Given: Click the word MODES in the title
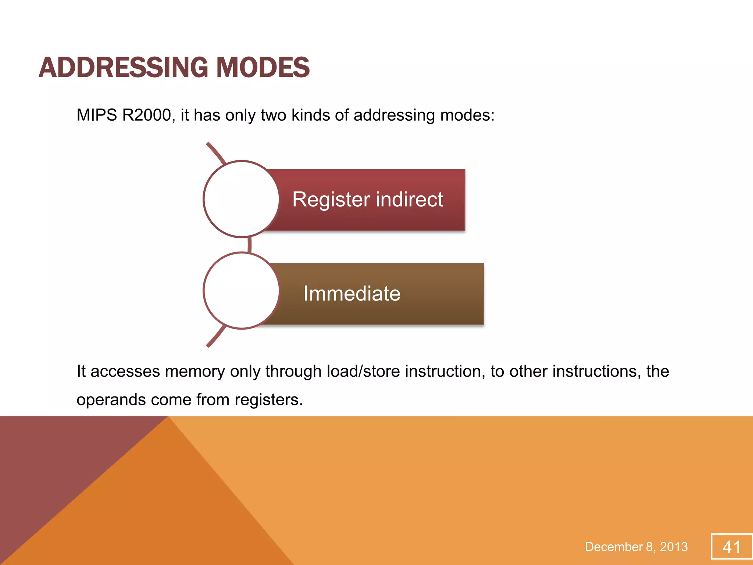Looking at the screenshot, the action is pyautogui.click(x=263, y=68).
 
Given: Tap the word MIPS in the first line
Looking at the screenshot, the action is pyautogui.click(x=97, y=115).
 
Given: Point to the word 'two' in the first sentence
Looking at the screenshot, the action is pyautogui.click(x=274, y=115).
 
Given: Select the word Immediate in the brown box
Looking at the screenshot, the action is pyautogui.click(x=352, y=294).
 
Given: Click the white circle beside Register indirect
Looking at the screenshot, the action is pyautogui.click(x=241, y=199).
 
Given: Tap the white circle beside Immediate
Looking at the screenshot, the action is pyautogui.click(x=241, y=291).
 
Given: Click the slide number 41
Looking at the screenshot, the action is pyautogui.click(x=731, y=547).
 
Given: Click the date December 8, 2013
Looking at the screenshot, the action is pyautogui.click(x=636, y=547).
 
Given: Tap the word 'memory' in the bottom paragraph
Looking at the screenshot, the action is pyautogui.click(x=195, y=371).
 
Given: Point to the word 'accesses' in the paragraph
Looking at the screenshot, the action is pyautogui.click(x=125, y=371).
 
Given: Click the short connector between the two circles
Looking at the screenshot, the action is pyautogui.click(x=250, y=245).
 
